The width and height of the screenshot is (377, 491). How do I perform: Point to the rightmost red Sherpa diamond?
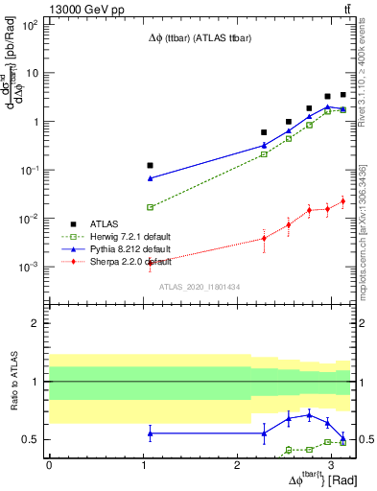click(x=342, y=201)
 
